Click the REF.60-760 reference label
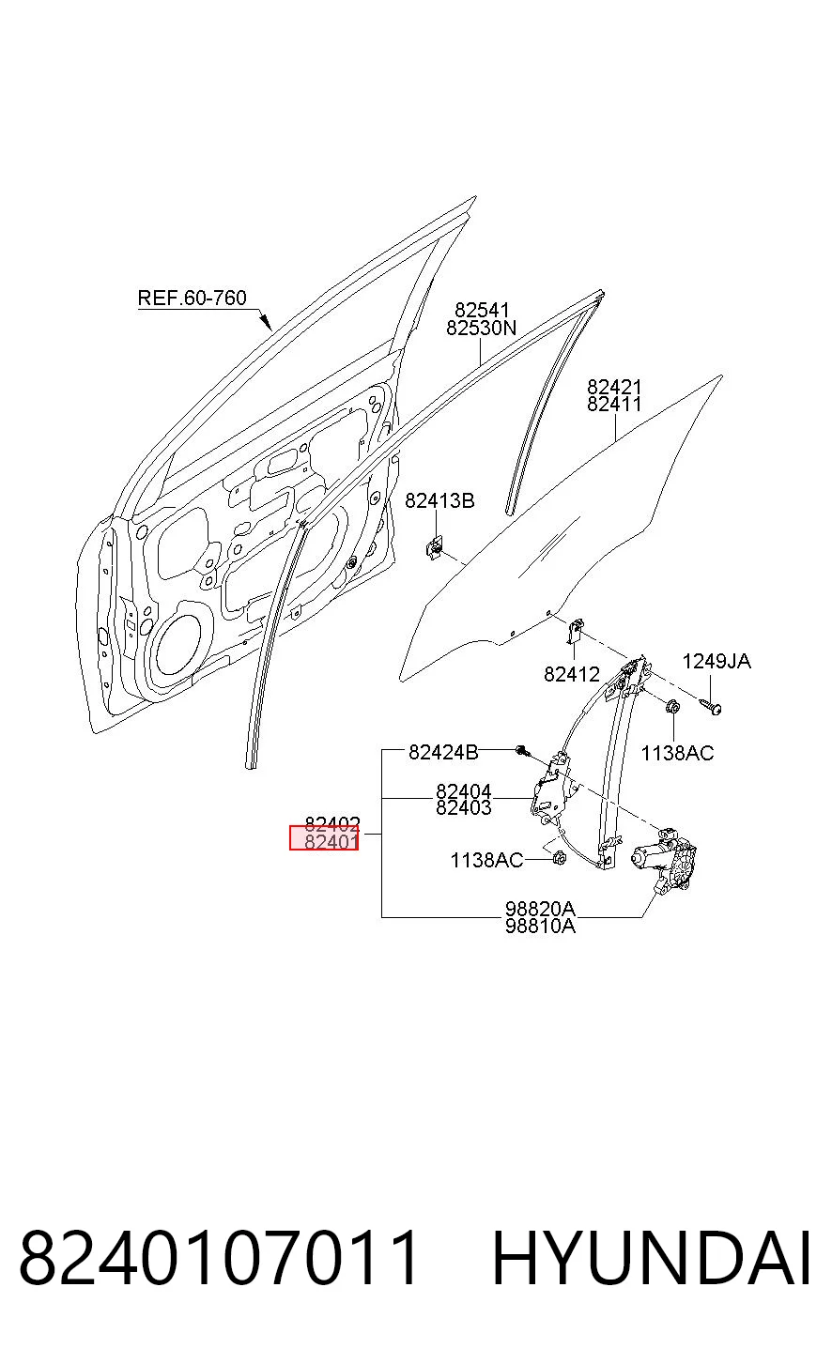coord(192,298)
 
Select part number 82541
coord(482,310)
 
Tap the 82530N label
coord(481,329)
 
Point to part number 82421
coord(614,387)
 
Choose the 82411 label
coord(614,404)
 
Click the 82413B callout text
coord(439,500)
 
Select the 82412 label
coord(572,674)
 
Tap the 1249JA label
coord(716,661)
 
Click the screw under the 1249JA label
coord(712,706)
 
